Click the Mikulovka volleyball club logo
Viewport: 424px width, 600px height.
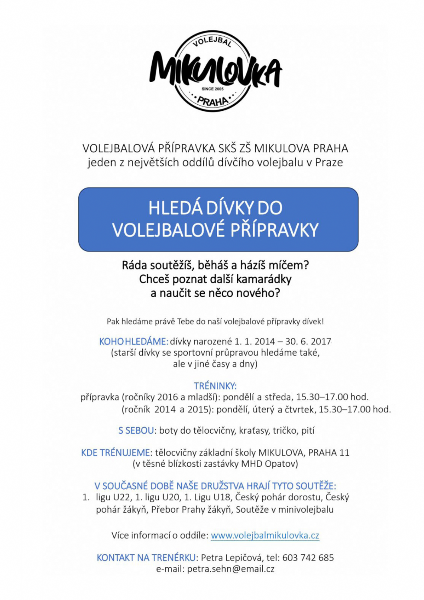215,71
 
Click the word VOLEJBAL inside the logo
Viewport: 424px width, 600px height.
212,42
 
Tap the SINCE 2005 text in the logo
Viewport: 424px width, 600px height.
213,89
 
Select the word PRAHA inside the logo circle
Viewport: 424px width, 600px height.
212,101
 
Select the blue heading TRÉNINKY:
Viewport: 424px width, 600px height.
215,386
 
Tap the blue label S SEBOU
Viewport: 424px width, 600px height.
136,431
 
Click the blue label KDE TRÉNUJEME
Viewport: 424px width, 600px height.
116,453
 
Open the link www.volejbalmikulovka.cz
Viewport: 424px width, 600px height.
265,536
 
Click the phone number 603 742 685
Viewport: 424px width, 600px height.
308,558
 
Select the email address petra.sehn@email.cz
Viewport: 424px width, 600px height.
231,569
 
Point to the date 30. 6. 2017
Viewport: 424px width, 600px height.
308,342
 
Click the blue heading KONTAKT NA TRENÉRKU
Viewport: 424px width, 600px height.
146,558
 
